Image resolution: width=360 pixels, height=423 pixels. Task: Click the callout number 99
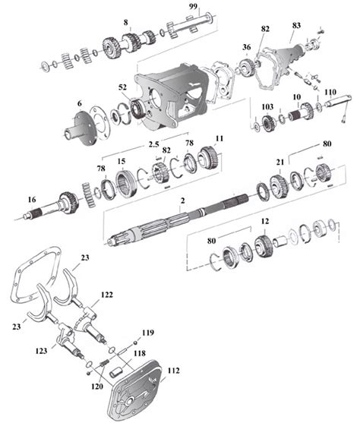pyautogui.click(x=194, y=6)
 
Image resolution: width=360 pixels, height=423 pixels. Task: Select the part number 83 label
pyautogui.click(x=295, y=25)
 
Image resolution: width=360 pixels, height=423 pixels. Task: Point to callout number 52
pyautogui.click(x=122, y=87)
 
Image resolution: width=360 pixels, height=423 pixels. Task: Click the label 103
pyautogui.click(x=267, y=108)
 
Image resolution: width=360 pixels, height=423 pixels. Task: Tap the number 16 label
pyautogui.click(x=31, y=200)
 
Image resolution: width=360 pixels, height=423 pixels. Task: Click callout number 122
pyautogui.click(x=107, y=294)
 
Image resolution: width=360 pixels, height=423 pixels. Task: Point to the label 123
pyautogui.click(x=40, y=352)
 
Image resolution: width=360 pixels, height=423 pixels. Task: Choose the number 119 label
pyautogui.click(x=147, y=333)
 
